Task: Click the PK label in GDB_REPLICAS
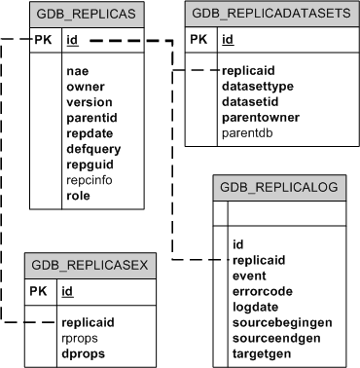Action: click(43, 41)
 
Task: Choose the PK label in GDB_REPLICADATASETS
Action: click(198, 40)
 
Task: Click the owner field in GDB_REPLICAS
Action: click(85, 87)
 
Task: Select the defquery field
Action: click(93, 149)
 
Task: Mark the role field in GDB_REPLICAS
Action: click(79, 196)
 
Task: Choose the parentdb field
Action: click(247, 132)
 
